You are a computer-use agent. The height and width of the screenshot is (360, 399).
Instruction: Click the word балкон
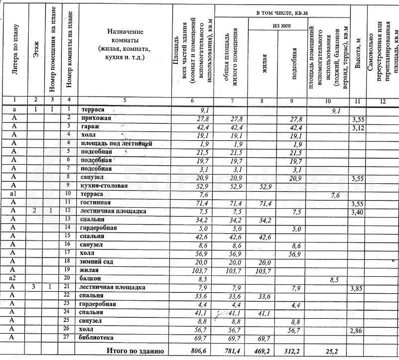[90, 278]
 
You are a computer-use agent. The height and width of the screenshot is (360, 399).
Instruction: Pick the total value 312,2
[294, 351]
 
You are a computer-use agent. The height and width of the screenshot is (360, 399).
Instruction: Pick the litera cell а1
[14, 194]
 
